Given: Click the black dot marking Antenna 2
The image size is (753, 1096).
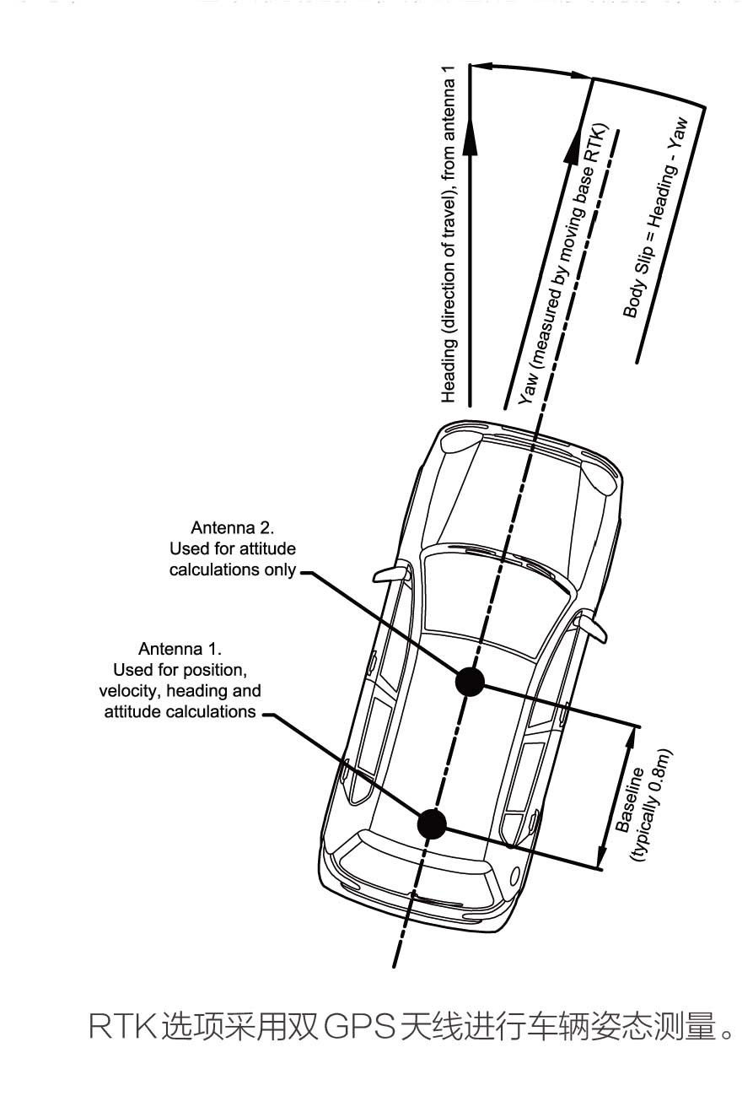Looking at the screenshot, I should coord(470,681).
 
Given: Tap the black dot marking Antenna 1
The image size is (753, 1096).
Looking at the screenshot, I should coord(432,823).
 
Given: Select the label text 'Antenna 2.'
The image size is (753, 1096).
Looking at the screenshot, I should coord(233,528).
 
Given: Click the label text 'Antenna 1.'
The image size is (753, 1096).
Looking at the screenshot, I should coord(180,649).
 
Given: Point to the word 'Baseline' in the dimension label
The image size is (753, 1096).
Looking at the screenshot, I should coord(630,800).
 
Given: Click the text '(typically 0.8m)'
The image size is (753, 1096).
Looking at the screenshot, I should coord(651,805).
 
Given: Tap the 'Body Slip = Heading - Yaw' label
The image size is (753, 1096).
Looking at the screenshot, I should coord(655,218).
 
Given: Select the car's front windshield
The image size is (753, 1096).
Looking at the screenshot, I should coord(491,591).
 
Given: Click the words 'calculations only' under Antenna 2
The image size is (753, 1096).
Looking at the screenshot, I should coord(233,570).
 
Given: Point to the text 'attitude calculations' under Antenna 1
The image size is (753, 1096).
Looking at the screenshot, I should coord(180,711).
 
